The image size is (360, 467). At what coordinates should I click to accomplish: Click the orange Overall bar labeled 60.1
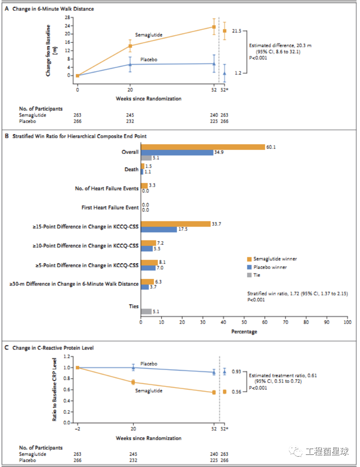(203, 147)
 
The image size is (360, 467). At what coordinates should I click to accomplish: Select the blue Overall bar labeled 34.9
(177, 152)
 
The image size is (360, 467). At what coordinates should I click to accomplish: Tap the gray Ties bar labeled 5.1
(146, 311)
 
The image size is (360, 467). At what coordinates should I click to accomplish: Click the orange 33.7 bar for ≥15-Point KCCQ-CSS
(175, 224)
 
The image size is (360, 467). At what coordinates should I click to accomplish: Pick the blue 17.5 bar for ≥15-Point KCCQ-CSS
(159, 230)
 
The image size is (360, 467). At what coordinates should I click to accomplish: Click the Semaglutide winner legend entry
(275, 259)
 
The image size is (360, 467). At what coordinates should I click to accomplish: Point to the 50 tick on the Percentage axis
(244, 323)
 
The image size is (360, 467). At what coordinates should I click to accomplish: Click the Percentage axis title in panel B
(244, 332)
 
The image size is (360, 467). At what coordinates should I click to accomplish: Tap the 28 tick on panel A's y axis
(67, 17)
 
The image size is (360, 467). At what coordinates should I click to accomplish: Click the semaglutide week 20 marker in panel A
(130, 46)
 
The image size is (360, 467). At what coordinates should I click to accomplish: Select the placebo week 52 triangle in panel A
(214, 64)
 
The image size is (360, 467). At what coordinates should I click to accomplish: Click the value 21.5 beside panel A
(237, 31)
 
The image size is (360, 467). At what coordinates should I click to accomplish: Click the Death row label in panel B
(131, 169)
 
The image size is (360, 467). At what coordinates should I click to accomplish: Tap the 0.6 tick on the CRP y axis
(66, 389)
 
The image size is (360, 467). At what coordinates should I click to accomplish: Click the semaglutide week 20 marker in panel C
(133, 382)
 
